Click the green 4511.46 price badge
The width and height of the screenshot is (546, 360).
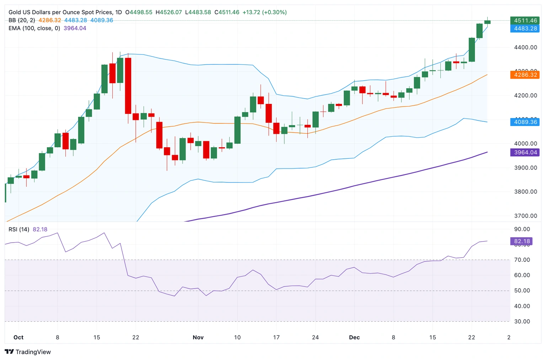[x=525, y=21]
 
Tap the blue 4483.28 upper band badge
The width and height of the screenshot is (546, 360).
[x=525, y=28]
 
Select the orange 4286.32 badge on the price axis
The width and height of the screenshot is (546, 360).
[x=525, y=75]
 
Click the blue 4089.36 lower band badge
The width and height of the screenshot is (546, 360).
[x=525, y=122]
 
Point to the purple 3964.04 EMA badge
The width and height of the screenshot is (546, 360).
[x=525, y=152]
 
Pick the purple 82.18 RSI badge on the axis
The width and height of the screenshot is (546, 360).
[x=521, y=241]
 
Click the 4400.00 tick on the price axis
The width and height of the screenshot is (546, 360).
[x=525, y=47]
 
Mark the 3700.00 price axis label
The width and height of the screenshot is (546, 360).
[x=525, y=216]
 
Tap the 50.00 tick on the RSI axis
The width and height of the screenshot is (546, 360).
[x=522, y=291]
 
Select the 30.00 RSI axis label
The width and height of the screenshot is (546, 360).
[x=522, y=321]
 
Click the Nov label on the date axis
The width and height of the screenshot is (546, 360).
[x=198, y=337]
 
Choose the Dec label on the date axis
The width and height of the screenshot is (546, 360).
[x=354, y=337]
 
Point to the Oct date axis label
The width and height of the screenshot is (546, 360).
[x=18, y=337]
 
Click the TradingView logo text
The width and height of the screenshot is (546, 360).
[x=33, y=352]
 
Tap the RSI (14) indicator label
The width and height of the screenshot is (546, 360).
[x=19, y=229]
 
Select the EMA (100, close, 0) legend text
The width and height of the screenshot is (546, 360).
[x=34, y=28]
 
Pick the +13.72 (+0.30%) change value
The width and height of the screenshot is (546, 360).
[x=264, y=12]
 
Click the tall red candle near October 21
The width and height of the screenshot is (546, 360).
[x=128, y=86]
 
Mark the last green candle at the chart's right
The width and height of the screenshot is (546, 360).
[x=487, y=22]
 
